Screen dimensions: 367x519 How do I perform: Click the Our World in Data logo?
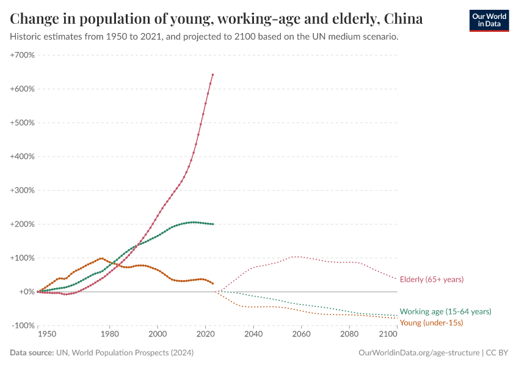coord(488,20)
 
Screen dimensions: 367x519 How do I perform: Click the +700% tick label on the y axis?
coord(23,55)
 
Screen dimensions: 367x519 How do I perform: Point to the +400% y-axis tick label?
coord(23,157)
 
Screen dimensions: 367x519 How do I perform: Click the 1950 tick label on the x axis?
coord(47,335)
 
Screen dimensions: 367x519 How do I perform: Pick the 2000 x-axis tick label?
coord(158,335)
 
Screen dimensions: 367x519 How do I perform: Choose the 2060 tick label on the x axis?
coord(301,335)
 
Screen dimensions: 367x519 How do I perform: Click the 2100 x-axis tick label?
coord(388,335)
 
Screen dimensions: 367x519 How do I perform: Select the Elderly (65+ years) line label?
coord(432,279)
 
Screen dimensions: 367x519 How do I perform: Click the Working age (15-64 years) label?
coord(445,311)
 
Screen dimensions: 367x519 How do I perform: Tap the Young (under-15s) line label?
coord(431,322)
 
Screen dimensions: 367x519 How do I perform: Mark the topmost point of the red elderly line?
coord(212,75)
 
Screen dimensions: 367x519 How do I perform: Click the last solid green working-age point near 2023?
coord(212,224)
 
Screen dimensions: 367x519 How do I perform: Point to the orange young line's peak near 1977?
coord(101,258)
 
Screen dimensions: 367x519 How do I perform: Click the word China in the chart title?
coord(403,19)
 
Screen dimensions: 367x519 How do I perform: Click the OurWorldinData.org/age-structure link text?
coord(419,353)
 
